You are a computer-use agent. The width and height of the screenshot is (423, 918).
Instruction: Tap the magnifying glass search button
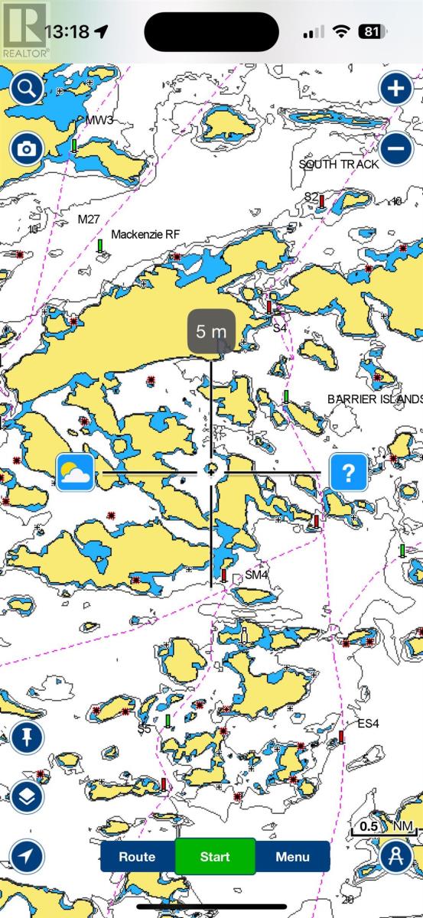[x=26, y=89]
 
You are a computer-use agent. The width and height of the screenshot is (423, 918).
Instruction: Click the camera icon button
[x=26, y=148]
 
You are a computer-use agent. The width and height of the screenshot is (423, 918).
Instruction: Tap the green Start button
[x=215, y=857]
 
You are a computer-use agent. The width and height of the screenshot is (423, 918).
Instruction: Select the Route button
[x=138, y=857]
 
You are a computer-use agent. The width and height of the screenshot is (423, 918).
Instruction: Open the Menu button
[x=292, y=857]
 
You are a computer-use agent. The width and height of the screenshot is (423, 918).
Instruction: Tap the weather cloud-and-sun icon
[x=75, y=473]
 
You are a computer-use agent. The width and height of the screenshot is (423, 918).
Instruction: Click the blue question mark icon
[x=348, y=473]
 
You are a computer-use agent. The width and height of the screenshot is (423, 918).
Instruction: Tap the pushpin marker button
[x=27, y=737]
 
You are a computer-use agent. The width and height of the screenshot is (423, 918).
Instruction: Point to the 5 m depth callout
[x=212, y=332]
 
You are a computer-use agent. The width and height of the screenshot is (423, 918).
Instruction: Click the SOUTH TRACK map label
[x=339, y=164]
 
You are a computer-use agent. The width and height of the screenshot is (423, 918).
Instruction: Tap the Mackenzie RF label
[x=145, y=234]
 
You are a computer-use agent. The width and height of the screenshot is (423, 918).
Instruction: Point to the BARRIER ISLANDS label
[x=375, y=399]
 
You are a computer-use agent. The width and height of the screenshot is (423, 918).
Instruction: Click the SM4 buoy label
[x=257, y=575]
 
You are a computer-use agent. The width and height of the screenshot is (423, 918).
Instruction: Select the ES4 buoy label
[x=368, y=724]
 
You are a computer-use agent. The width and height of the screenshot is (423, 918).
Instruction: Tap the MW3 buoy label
[x=99, y=121]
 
